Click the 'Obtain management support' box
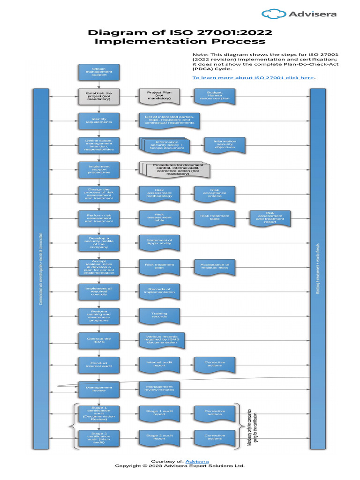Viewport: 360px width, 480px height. pos(99,72)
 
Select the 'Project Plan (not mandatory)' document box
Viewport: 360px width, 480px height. pos(159,96)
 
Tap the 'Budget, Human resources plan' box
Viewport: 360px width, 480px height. pos(215,96)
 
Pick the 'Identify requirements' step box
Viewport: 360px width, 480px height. pos(99,120)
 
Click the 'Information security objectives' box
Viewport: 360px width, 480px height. pos(225,145)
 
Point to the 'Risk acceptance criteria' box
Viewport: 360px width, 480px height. pos(215,193)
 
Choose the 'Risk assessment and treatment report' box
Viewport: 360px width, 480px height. pos(270,217)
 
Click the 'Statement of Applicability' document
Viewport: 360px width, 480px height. pos(159,242)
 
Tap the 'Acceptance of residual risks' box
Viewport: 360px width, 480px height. pos(215,266)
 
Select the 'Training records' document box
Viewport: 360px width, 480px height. pos(159,315)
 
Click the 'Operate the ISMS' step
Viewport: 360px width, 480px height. pos(99,339)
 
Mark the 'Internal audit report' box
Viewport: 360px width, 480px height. pos(159,364)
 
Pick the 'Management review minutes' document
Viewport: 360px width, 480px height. pos(159,388)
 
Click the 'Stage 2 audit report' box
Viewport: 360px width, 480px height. pos(159,437)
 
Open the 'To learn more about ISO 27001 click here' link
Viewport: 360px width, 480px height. pos(253,77)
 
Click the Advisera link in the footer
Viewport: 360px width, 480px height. pos(197,462)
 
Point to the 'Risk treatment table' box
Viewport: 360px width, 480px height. pos(215,217)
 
